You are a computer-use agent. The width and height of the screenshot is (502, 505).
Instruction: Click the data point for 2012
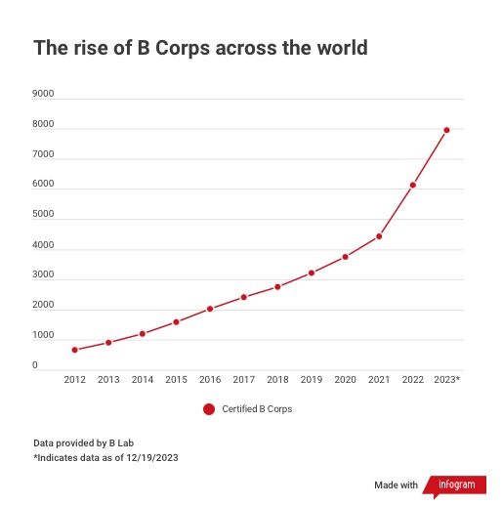pos(74,350)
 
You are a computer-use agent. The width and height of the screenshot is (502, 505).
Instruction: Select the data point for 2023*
pos(446,130)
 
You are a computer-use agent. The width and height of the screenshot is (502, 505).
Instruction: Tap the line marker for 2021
pos(379,236)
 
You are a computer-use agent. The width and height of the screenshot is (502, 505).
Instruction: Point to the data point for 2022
pos(413,185)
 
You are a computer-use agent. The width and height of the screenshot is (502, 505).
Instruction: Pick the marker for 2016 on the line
pos(210,309)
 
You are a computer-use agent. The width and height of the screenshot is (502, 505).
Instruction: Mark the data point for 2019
pos(312,273)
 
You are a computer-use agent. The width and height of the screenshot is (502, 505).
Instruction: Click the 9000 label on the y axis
pos(43,95)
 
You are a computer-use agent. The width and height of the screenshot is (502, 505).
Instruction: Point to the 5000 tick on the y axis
pos(43,216)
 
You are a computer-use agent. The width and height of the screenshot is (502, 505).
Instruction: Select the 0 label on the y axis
pos(35,366)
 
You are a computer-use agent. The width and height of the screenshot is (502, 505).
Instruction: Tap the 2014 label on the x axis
pos(143,379)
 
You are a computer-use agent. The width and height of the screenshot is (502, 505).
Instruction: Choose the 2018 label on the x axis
pos(277,379)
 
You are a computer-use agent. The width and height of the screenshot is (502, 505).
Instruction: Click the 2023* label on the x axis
pos(446,379)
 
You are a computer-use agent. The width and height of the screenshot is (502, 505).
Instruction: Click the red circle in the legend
pos(209,409)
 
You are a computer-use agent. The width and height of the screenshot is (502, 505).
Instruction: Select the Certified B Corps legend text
pos(257,409)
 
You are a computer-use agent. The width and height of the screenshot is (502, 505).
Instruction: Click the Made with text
pos(396,485)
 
